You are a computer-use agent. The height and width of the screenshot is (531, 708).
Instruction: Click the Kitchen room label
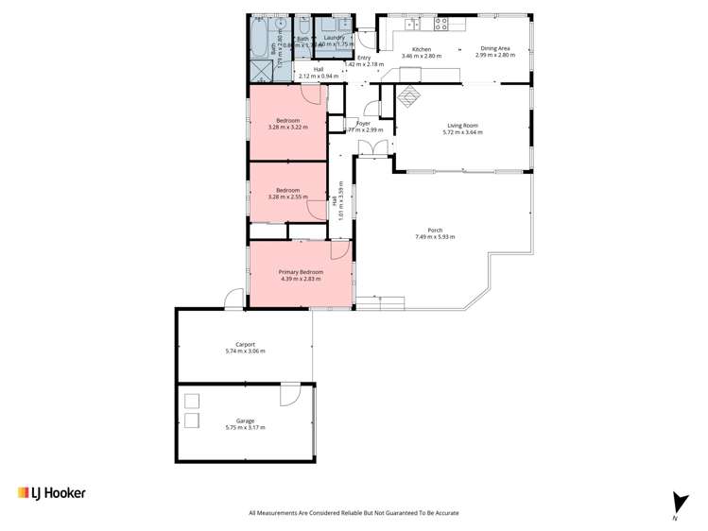point(421,49)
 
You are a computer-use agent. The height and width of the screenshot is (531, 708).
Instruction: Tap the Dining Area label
point(495,49)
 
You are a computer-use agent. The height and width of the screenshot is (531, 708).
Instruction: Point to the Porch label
point(435,230)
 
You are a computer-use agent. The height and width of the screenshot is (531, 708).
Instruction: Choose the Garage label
point(246,420)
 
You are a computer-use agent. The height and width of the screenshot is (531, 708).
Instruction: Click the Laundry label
point(335,37)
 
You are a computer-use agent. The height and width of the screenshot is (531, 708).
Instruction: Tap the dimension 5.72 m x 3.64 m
point(462,132)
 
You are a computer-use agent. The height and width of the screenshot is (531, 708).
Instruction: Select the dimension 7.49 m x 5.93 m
point(435,237)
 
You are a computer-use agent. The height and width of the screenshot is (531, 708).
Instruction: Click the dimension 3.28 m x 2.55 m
point(287,197)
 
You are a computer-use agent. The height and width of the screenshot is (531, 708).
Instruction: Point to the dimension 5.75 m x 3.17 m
point(246,428)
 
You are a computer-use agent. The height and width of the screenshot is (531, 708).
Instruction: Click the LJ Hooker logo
point(52,492)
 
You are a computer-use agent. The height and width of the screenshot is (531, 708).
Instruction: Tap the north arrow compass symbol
point(675,503)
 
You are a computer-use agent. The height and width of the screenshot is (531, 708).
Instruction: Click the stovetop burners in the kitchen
point(440,22)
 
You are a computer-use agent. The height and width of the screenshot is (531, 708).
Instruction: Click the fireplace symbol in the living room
point(409,95)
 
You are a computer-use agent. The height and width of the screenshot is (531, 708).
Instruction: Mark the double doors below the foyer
point(375,147)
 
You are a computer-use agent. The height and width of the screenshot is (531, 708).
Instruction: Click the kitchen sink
point(410,22)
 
